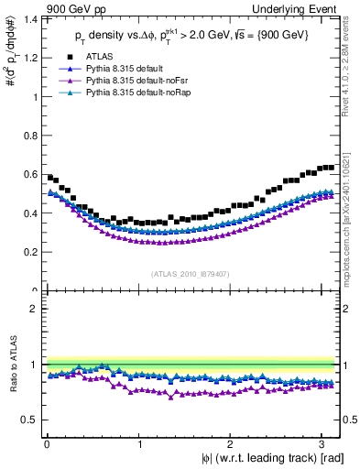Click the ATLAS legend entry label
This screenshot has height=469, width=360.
(x=98, y=57)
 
